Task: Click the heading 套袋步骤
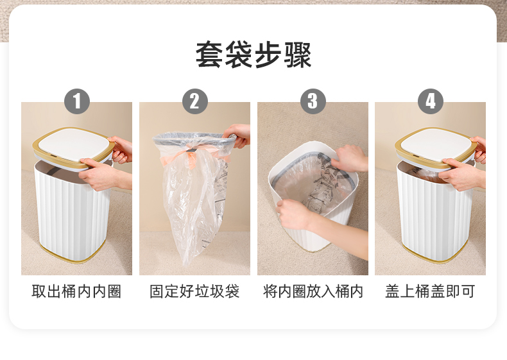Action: [253, 55]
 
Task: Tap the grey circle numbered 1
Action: [77, 101]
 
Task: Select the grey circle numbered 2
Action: [194, 101]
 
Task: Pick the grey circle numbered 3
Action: [313, 101]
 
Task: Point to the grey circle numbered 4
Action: [431, 101]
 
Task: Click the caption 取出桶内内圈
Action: [76, 291]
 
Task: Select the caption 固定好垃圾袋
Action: [194, 291]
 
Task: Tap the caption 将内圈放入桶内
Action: [313, 291]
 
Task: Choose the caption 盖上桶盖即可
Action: [431, 291]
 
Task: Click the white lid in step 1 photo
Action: [74, 144]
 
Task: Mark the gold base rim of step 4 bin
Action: [435, 254]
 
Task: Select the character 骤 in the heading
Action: [298, 55]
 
